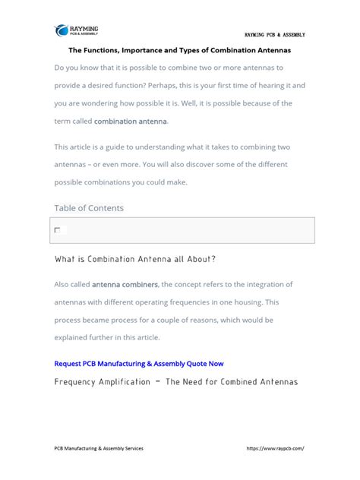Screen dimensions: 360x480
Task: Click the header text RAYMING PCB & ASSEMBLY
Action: click(274, 35)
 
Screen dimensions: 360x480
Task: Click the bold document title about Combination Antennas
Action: click(180, 50)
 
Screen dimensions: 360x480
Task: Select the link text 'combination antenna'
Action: click(131, 121)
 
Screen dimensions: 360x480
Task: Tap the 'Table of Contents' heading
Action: click(89, 207)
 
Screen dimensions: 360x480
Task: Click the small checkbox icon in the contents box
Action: click(58, 229)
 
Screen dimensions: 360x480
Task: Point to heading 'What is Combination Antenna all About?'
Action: click(135, 259)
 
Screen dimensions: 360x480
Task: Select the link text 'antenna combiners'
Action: click(125, 284)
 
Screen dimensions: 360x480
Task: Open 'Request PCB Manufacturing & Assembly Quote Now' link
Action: click(139, 363)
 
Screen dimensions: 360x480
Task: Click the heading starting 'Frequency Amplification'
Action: click(176, 381)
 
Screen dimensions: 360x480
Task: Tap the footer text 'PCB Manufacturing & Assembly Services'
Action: click(99, 448)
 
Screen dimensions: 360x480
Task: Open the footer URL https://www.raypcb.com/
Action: click(276, 448)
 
